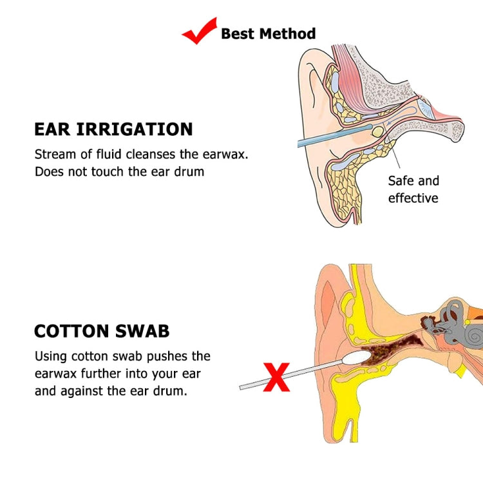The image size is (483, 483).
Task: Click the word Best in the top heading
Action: click(237, 33)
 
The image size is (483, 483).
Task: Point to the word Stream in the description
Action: click(55, 155)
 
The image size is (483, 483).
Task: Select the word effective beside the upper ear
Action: click(413, 198)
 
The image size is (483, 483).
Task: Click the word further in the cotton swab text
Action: click(102, 374)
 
